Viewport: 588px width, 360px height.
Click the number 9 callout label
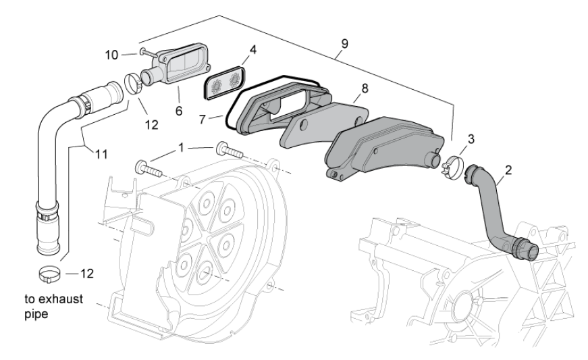click(x=344, y=44)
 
